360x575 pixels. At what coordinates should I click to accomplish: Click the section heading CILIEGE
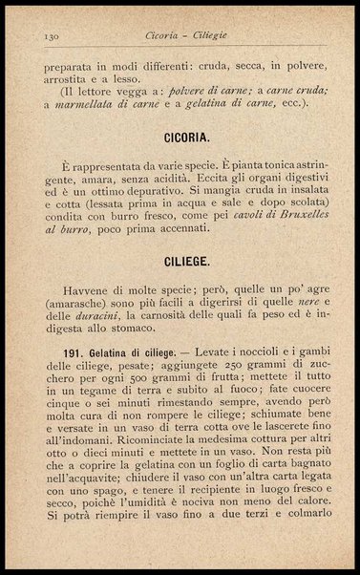click(x=179, y=259)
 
